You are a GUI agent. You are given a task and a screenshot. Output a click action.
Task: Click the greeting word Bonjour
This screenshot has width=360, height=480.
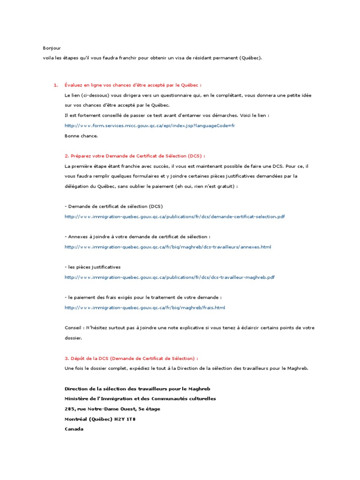pos(52,48)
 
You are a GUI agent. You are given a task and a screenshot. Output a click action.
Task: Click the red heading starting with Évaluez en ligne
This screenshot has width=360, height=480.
pos(133,85)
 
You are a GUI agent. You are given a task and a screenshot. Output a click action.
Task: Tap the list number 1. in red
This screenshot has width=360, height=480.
pos(56,85)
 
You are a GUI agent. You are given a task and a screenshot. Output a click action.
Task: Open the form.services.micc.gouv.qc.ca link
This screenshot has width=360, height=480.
pos(150,125)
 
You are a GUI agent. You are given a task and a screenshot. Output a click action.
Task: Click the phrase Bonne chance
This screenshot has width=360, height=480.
pos(81,135)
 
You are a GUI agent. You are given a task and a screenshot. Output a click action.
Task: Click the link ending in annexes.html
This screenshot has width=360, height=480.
pos(168,247)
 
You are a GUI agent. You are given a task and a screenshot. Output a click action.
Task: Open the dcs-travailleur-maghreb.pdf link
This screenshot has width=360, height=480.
pos(169,277)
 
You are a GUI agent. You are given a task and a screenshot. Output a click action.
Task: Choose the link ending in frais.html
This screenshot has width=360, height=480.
pos(145,307)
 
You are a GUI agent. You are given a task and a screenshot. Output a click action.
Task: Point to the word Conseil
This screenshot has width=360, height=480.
pos(74,328)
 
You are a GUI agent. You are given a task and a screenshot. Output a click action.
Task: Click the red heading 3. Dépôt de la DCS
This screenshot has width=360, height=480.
pos(131,358)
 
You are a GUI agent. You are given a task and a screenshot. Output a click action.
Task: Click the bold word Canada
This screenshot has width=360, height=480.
pos(74,428)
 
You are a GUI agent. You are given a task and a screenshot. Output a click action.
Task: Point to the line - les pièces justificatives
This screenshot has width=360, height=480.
pos(92,267)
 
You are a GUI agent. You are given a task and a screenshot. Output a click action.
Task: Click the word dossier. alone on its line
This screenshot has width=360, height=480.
pos(73,337)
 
